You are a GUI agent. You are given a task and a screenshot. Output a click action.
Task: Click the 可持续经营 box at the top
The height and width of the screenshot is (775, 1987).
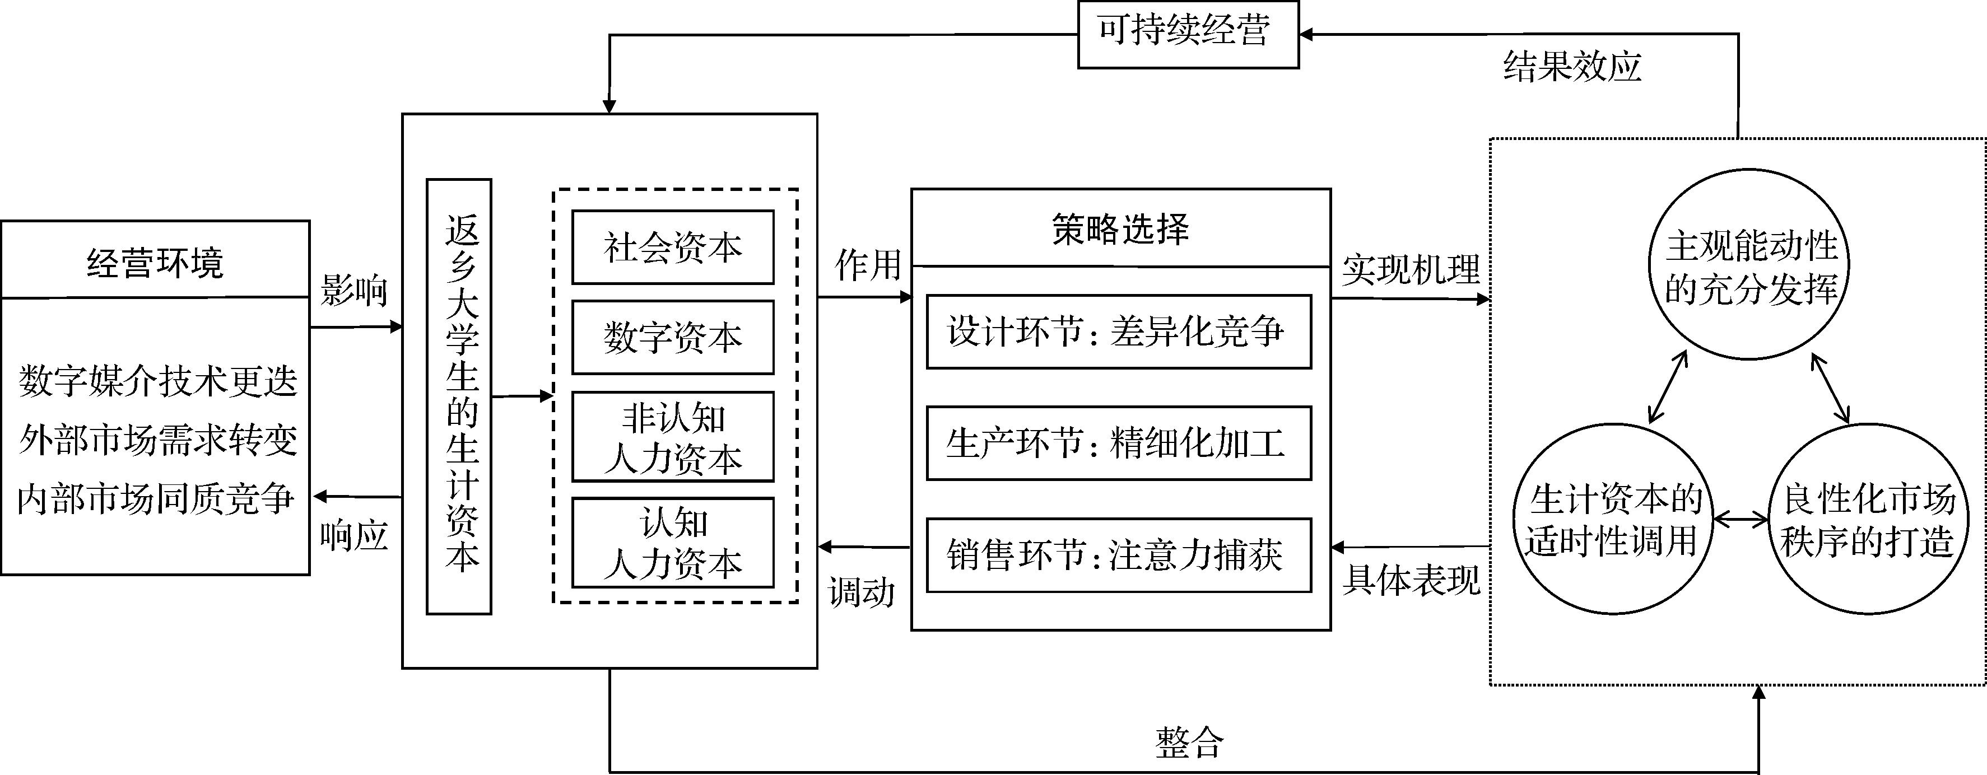click(x=1187, y=34)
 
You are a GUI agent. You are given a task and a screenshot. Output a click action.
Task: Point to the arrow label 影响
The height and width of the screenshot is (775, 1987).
click(x=354, y=291)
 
